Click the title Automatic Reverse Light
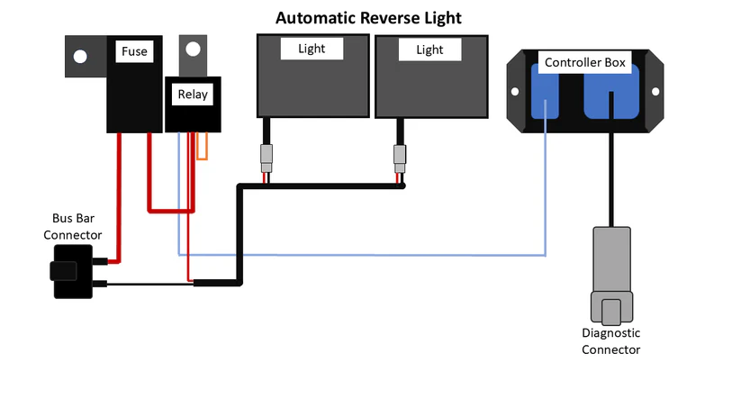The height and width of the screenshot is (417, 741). point(368,18)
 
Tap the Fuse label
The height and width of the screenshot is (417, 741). point(134,52)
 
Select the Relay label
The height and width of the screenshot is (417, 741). point(191,93)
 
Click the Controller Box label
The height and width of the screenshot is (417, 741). point(585,62)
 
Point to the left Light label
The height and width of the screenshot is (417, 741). point(312,49)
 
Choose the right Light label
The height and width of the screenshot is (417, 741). point(429,50)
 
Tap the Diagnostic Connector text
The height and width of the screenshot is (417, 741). point(610,340)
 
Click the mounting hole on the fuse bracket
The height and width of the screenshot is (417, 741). point(80,57)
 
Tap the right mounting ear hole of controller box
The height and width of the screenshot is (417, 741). point(656,91)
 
